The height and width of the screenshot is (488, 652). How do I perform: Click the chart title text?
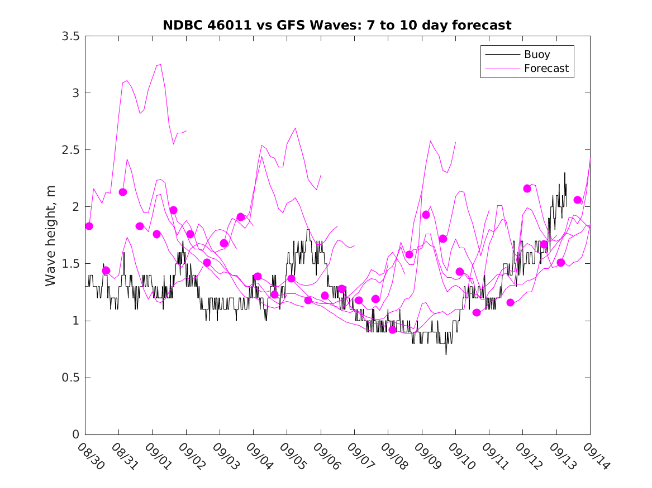pyautogui.click(x=337, y=25)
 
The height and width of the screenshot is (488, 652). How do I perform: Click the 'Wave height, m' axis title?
pyautogui.click(x=51, y=235)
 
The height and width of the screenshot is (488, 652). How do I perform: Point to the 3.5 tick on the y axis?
pyautogui.click(x=70, y=36)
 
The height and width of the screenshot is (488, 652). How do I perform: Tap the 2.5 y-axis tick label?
pyautogui.click(x=70, y=150)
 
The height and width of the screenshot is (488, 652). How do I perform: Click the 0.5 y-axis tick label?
pyautogui.click(x=70, y=378)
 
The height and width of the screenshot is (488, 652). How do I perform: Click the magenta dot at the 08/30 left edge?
pyautogui.click(x=88, y=226)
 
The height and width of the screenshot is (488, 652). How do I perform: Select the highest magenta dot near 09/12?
pyautogui.click(x=527, y=189)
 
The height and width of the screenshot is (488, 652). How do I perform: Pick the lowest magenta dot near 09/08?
pyautogui.click(x=392, y=330)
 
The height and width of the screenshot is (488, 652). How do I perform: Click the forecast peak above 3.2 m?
pyautogui.click(x=160, y=65)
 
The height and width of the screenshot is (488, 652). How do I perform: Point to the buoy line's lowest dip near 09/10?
pyautogui.click(x=446, y=354)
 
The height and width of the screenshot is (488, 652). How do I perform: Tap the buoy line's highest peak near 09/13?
pyautogui.click(x=564, y=173)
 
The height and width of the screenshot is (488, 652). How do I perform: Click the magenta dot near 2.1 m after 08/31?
pyautogui.click(x=122, y=192)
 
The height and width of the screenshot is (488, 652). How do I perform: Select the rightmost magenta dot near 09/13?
pyautogui.click(x=578, y=200)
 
